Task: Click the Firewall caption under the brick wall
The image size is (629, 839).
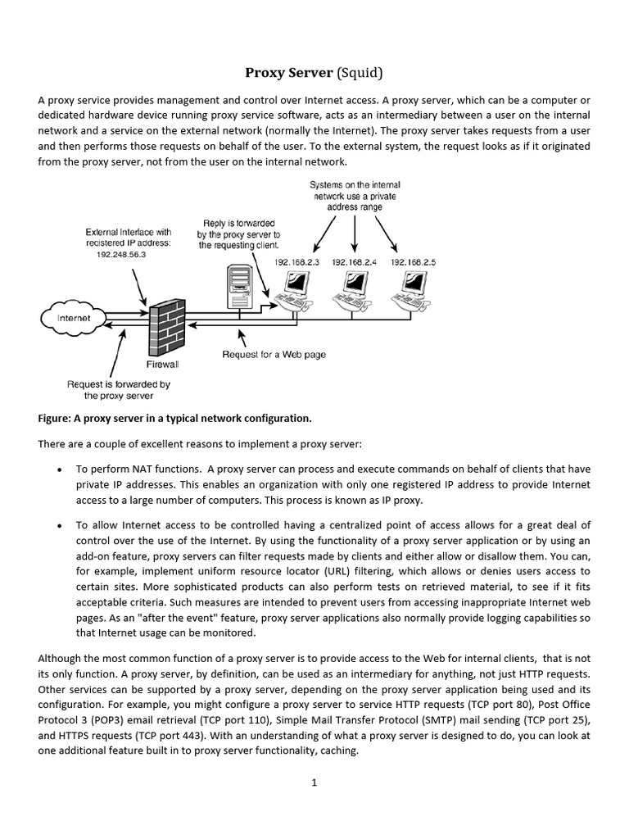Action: pyautogui.click(x=162, y=363)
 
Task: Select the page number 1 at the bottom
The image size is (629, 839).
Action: pyautogui.click(x=314, y=782)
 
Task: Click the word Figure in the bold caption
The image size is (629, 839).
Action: pyautogui.click(x=57, y=419)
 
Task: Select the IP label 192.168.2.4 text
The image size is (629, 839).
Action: pyautogui.click(x=353, y=262)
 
